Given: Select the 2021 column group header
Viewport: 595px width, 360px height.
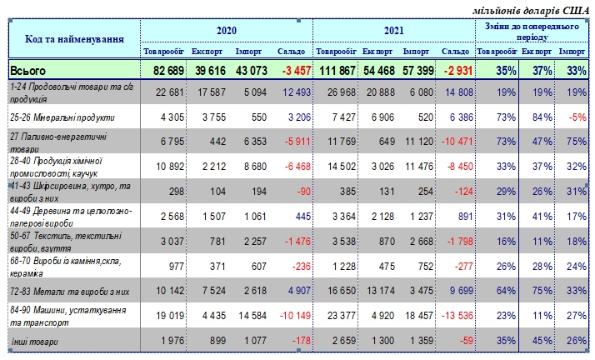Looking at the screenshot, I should (393, 31).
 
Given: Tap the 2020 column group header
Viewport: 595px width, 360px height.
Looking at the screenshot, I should (227, 31).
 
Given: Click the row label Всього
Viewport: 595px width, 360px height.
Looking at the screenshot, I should (29, 72).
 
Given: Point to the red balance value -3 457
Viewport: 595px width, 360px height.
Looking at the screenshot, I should (288, 71).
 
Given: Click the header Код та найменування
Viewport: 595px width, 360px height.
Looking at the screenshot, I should (70, 38).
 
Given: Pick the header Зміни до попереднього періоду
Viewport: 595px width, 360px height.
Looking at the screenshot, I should (532, 32).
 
